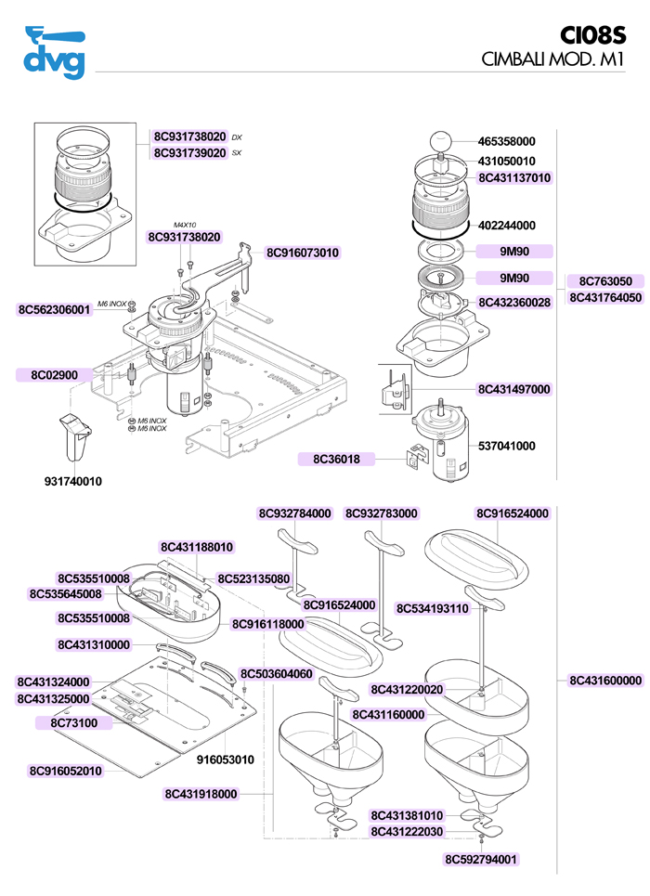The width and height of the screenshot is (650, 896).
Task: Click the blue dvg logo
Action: [x=54, y=52]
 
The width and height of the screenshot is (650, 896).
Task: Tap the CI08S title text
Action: [x=592, y=35]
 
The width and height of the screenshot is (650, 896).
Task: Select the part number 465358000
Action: [x=506, y=141]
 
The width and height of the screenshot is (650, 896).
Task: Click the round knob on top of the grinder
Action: [x=440, y=141]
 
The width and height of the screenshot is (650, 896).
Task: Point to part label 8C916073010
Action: [x=303, y=253]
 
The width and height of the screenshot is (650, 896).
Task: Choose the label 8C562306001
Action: [x=54, y=310]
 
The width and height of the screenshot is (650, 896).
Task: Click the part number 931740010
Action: [x=73, y=481]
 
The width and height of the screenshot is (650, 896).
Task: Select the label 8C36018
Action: [x=336, y=459]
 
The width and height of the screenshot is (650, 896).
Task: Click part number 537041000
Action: [x=506, y=446]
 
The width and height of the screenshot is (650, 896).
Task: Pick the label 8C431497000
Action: [x=513, y=389]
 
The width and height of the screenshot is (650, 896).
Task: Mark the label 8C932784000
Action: [x=295, y=513]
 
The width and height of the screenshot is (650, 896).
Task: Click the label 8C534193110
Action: [x=432, y=608]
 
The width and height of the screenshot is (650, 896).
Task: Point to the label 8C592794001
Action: [x=481, y=860]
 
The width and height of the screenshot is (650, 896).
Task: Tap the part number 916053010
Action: [x=226, y=760]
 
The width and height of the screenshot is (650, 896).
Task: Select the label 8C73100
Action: [x=73, y=723]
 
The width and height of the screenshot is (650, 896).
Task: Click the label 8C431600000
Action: [x=605, y=680]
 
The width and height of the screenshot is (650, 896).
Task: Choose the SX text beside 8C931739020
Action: [x=237, y=153]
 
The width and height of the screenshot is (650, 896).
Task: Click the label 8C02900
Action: [x=54, y=375]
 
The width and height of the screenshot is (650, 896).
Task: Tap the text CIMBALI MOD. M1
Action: [x=552, y=58]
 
